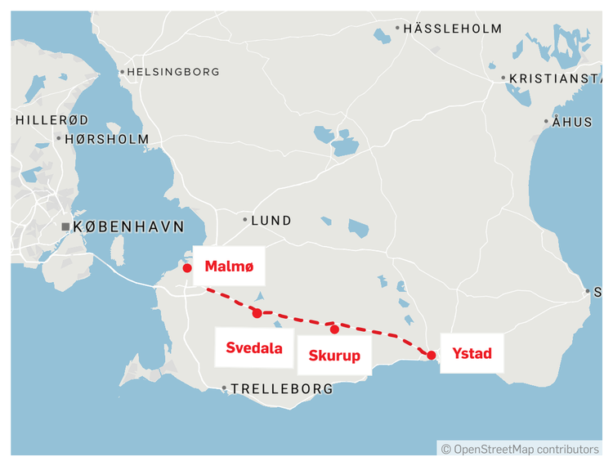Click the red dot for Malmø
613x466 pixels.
tap(187, 267)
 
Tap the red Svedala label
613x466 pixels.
tap(254, 348)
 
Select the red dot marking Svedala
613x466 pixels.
tap(257, 313)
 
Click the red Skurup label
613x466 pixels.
tap(334, 356)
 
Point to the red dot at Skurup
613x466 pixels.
tap(334, 329)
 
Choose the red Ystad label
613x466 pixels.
tap(472, 354)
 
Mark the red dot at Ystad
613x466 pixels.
tap(431, 355)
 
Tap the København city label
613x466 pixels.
tap(128, 226)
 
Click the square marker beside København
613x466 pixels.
tap(65, 226)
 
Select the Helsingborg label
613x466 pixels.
tap(174, 72)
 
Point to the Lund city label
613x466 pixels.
tap(271, 220)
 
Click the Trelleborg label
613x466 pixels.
tap(282, 389)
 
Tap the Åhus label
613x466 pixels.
tap(572, 122)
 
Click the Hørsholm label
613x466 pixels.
tap(106, 139)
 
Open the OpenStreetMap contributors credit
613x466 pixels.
tap(520, 449)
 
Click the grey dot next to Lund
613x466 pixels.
tap(244, 220)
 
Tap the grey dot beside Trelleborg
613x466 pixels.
tap(224, 389)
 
